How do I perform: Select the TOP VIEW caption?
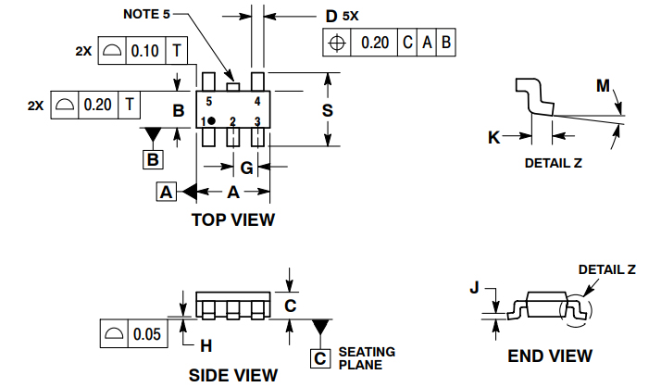tap(232, 219)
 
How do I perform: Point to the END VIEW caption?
tap(549, 356)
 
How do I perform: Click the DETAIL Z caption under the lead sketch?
tap(553, 163)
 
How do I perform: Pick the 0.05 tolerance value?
tap(147, 333)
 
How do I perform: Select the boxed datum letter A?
tap(166, 192)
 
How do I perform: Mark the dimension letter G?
tap(246, 168)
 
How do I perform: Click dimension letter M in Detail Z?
tap(603, 86)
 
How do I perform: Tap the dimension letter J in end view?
tap(475, 288)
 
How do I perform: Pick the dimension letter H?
tap(206, 345)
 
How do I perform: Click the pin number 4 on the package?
tap(256, 100)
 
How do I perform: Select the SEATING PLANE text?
tap(367, 358)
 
